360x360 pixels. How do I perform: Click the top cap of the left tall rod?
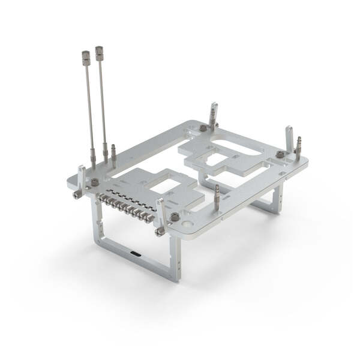[x=86, y=58]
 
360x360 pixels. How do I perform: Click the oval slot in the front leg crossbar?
[x=137, y=254]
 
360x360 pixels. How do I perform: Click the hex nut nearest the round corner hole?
[x=175, y=217]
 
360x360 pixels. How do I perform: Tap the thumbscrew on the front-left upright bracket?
[x=77, y=194]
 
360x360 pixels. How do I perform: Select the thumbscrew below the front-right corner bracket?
[x=160, y=231]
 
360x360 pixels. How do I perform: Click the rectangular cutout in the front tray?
[x=163, y=186]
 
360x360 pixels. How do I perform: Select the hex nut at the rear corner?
[x=203, y=128]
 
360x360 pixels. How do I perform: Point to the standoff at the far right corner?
[x=298, y=148]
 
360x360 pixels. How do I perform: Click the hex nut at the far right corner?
[x=280, y=154]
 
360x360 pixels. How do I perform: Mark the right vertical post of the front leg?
[x=175, y=258]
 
